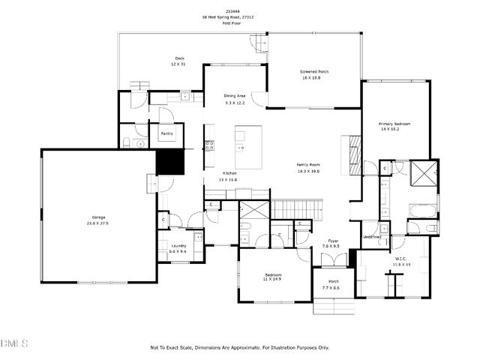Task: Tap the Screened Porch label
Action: [x=315, y=71]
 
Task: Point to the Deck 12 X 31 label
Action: [x=180, y=58]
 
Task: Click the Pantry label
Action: [x=166, y=133]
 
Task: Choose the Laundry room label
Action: [x=178, y=246]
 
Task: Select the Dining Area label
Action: [x=235, y=96]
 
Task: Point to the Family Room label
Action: [x=308, y=164]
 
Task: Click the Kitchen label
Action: [x=229, y=173]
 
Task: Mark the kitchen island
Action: [x=248, y=147]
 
